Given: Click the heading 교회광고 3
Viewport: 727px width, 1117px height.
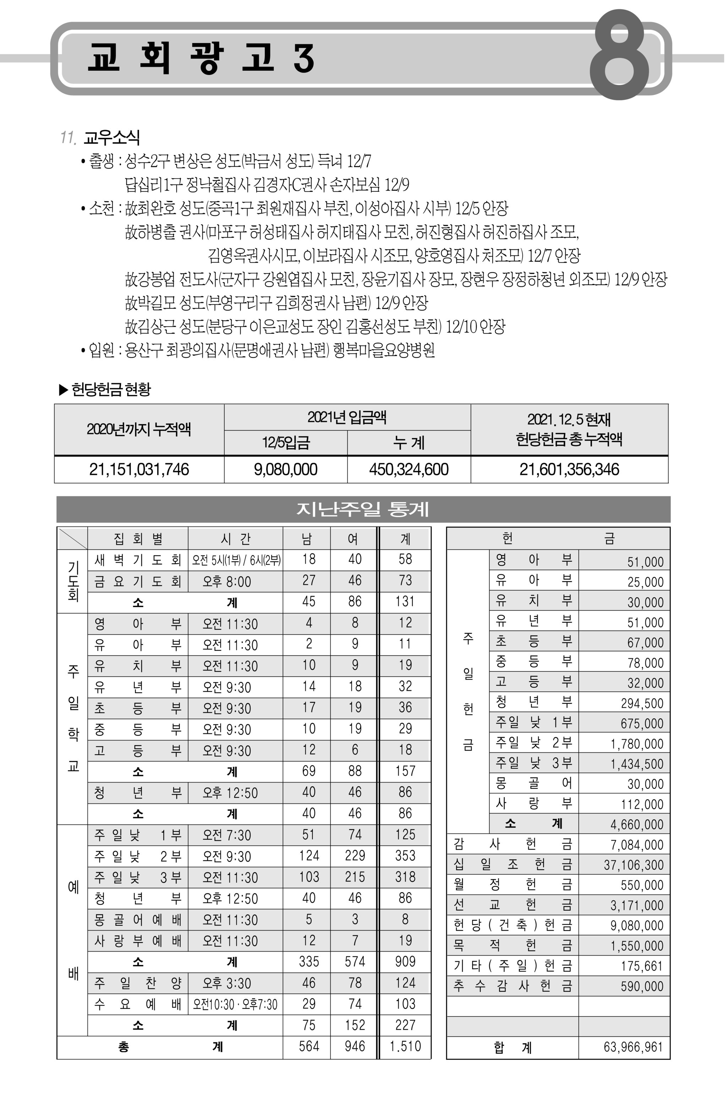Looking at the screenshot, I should point(201,58).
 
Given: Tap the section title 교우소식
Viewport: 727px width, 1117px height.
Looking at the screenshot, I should point(112,137).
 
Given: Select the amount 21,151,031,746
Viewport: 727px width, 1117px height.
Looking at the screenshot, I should point(139,469).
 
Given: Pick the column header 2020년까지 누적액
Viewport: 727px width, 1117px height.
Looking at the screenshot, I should point(139,429).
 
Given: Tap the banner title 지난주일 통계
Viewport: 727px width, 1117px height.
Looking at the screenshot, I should point(363,509).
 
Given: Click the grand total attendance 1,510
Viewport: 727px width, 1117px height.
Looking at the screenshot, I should point(405,1046).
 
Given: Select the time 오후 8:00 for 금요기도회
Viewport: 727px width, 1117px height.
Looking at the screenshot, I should point(227,582).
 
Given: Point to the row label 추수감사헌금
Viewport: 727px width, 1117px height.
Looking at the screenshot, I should point(513,986).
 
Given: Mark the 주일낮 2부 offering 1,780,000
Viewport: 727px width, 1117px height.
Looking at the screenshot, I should point(636,744).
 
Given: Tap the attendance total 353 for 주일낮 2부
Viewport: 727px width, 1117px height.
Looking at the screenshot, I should point(405,856).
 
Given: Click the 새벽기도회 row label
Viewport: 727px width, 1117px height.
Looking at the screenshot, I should point(137,560).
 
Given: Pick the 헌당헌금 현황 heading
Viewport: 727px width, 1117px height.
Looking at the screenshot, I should point(111,389).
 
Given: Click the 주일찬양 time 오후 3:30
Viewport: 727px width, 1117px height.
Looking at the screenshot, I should point(227,983).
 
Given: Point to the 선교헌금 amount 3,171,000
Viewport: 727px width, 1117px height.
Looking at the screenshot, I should point(636,905).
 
